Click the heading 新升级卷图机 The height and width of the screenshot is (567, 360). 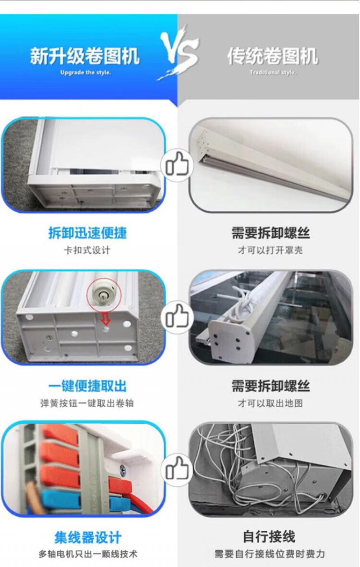[x=85, y=56]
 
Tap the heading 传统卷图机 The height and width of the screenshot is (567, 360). [x=273, y=56]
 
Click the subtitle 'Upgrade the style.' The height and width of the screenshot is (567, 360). [x=85, y=73]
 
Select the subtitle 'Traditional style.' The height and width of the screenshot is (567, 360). [x=273, y=73]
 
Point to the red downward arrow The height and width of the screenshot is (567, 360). [x=106, y=320]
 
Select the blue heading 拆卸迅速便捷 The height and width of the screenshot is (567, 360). [x=88, y=233]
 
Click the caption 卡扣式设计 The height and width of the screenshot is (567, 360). [x=87, y=250]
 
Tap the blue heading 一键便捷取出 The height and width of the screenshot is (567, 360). [x=88, y=386]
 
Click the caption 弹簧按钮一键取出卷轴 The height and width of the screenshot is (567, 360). [x=87, y=403]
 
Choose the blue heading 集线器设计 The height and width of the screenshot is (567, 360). [x=88, y=538]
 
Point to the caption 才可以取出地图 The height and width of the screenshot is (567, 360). [x=270, y=403]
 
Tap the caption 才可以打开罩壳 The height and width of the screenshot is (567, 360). [x=270, y=250]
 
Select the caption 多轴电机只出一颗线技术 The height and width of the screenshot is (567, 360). [x=88, y=554]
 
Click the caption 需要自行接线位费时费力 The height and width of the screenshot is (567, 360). [x=270, y=554]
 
